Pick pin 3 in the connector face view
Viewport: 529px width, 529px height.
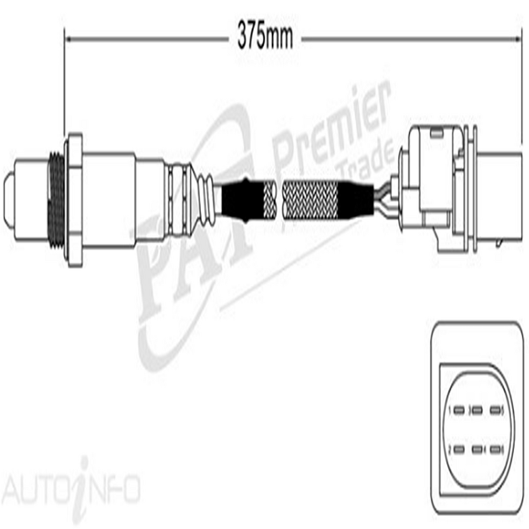(477, 410)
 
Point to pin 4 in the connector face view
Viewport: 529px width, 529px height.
(477, 449)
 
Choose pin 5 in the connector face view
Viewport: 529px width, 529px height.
(496, 410)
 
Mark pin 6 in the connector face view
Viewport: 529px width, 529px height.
(496, 449)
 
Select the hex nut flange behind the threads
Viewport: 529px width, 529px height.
(74, 198)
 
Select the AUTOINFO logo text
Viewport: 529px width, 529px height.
(68, 489)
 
